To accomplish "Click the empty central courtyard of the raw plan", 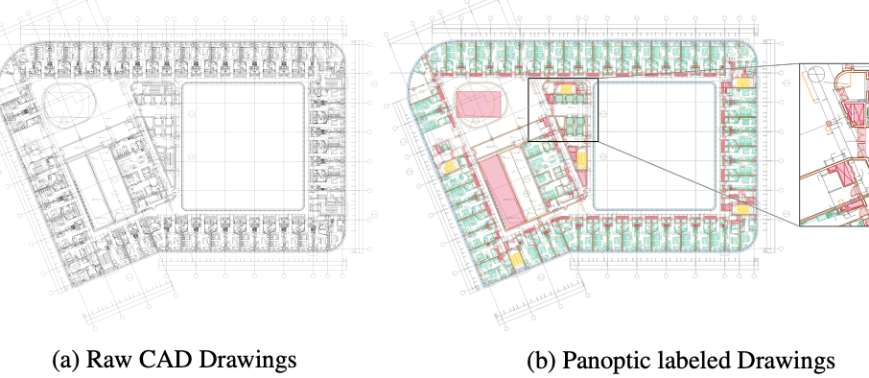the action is (244, 143).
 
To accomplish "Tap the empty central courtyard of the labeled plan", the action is (655, 144).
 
